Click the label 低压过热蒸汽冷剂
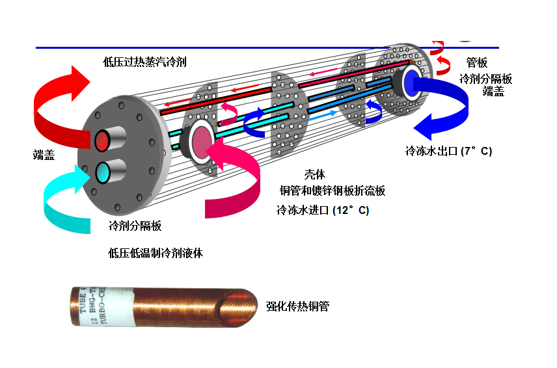[144, 62]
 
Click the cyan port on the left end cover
[103, 172]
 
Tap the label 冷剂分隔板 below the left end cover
[135, 226]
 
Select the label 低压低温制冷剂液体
[156, 253]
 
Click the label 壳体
[314, 174]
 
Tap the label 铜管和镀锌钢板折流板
[333, 191]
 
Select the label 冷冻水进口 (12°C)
[323, 210]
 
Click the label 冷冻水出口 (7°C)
[448, 151]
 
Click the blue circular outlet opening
[412, 83]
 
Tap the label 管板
[477, 63]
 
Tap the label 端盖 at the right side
[493, 92]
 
